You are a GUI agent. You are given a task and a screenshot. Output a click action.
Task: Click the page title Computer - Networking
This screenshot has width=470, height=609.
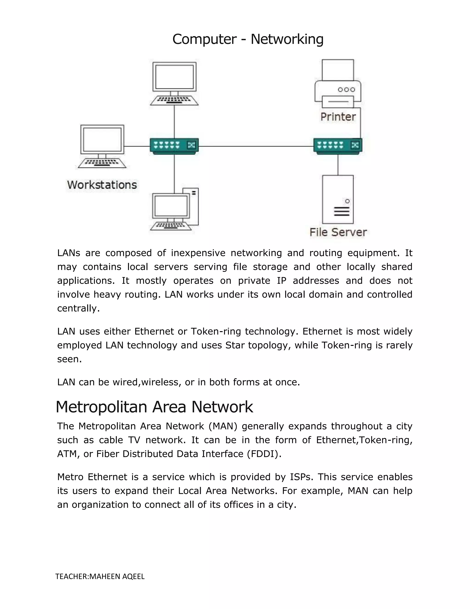[x=248, y=39]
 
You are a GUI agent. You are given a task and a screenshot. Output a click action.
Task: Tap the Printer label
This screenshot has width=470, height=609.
[x=338, y=117]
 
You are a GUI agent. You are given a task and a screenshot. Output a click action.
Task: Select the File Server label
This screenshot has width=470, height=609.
[x=338, y=232]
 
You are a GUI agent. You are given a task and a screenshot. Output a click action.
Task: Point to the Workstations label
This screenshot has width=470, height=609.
[x=102, y=185]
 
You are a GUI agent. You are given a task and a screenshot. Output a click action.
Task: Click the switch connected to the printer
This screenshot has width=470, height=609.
[x=338, y=145]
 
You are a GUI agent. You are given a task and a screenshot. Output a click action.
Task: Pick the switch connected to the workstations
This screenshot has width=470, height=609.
[x=174, y=145]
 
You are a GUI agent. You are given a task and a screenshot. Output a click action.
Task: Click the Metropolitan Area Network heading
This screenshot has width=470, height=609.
[x=154, y=407]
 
